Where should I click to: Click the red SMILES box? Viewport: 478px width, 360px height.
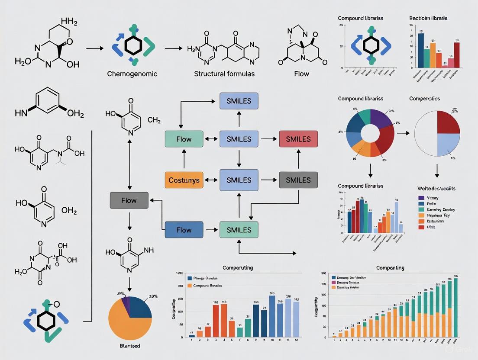coord(298,139)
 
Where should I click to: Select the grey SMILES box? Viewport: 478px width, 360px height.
coord(298,180)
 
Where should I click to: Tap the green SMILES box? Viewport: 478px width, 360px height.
coord(239,229)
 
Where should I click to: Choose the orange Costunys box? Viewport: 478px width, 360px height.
coord(184,180)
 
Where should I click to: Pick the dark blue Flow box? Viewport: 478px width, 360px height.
coord(184,229)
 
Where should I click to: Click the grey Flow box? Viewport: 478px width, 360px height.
coord(129,200)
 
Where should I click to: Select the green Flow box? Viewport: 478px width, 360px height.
coord(184,139)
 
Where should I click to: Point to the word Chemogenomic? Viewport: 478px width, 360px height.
coord(132,74)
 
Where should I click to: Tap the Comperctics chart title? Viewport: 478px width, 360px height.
coord(424,99)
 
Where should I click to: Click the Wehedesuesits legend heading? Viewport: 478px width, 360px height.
coord(436,189)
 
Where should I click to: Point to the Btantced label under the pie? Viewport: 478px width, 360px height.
coord(129,346)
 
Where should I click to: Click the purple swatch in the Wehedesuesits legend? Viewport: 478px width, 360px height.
coord(421,198)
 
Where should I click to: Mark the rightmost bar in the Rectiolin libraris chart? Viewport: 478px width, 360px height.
coord(456,55)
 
